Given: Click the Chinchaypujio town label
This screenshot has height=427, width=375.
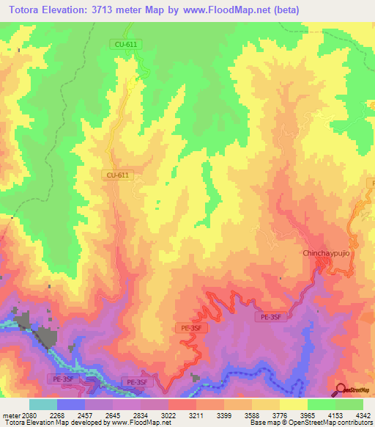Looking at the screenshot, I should pyautogui.click(x=327, y=253).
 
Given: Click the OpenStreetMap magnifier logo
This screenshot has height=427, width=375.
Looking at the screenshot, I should pyautogui.click(x=341, y=390).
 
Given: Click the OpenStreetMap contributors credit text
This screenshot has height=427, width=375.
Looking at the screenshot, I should pyautogui.click(x=341, y=422).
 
